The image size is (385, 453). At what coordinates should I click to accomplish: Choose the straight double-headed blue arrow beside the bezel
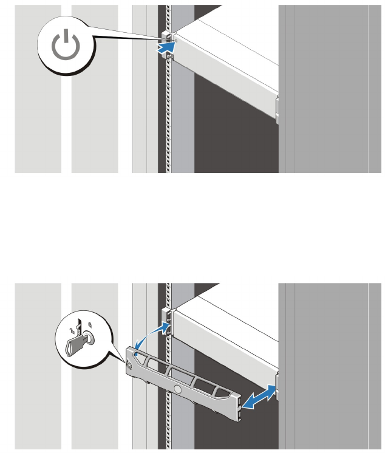click(257, 397)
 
